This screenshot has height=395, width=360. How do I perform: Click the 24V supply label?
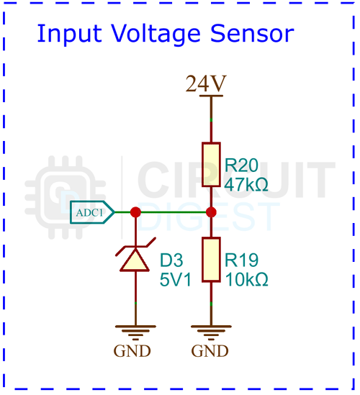(x=206, y=84)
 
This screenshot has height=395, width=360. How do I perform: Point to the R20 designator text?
(x=241, y=163)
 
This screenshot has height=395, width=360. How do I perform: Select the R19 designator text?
(x=241, y=259)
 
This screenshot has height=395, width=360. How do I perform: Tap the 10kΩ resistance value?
(x=246, y=278)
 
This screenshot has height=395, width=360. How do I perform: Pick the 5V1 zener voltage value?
(x=176, y=278)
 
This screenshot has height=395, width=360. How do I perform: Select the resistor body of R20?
(x=211, y=165)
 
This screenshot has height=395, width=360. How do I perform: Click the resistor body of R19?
(x=211, y=260)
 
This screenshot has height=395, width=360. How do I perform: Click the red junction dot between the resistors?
(x=211, y=212)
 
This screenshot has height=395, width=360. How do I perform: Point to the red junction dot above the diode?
(x=135, y=212)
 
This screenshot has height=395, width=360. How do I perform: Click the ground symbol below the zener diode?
(x=135, y=332)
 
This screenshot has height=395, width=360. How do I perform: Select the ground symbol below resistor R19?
(x=211, y=332)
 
